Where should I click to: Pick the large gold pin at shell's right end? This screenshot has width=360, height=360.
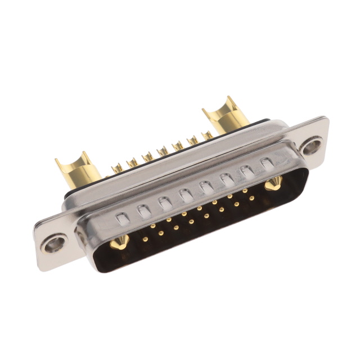tap(274, 182)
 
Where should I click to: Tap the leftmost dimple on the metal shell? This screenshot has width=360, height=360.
tap(122, 218)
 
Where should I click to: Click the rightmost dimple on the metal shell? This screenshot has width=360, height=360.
tap(267, 164)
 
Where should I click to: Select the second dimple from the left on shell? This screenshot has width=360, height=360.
tap(143, 210)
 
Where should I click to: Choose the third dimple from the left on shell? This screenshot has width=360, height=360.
tap(164, 202)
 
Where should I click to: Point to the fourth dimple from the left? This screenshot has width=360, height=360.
tap(185, 195)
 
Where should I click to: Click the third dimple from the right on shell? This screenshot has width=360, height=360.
tap(226, 179)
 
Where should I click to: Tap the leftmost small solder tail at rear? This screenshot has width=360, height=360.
tap(118, 167)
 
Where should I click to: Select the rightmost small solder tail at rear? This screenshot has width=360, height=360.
tap(208, 134)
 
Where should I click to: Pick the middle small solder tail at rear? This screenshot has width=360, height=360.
tap(163, 151)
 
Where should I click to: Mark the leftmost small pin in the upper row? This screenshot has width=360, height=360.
tap(152, 226)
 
